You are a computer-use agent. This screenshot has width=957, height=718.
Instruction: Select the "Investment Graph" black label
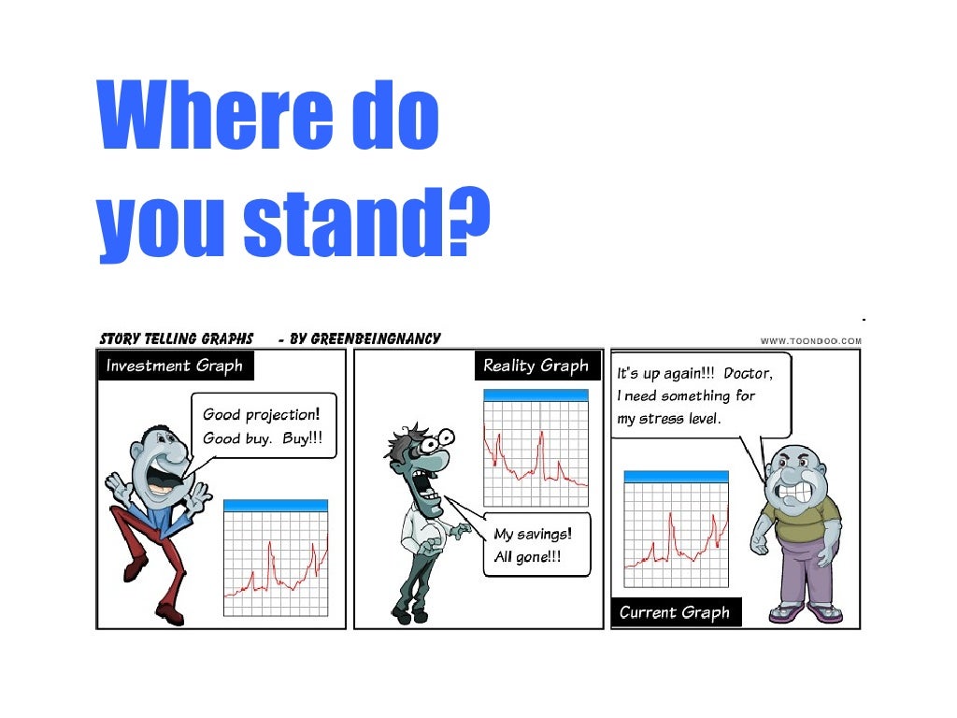175,366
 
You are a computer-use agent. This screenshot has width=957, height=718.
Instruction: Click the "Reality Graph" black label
536,366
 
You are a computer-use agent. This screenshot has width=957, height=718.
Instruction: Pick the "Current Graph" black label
675,612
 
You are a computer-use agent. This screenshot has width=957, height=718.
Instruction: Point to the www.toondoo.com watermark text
810,341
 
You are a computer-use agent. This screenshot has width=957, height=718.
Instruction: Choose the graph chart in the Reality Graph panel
536,448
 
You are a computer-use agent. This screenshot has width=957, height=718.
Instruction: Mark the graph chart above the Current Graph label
675,527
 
